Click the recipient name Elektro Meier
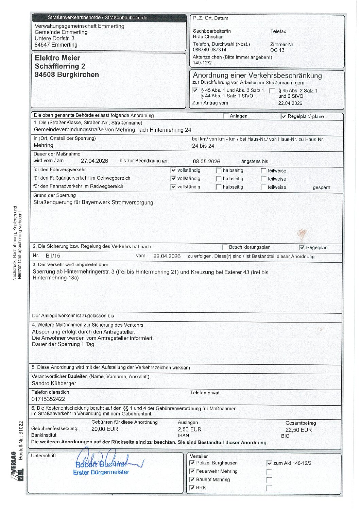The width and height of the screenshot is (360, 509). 57,58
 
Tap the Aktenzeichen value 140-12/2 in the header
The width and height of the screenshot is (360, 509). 202,63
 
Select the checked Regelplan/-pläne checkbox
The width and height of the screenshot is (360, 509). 284,116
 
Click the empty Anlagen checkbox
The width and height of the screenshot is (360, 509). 225,116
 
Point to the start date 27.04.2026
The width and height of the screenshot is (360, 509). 95,161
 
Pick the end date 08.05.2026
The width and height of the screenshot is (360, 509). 206,162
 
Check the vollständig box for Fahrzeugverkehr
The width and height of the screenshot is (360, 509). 173,170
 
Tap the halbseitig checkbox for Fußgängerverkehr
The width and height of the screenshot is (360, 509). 219,179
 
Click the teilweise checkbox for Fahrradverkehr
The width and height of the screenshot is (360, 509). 263,187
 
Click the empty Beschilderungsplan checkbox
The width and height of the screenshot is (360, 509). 224,247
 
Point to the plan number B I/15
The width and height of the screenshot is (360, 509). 53,256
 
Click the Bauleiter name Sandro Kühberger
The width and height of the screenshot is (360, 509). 54,383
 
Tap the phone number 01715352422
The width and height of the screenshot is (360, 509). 48,399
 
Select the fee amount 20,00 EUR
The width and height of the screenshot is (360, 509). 105,429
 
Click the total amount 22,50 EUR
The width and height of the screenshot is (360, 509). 298,430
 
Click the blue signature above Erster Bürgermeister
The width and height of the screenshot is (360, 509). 102,460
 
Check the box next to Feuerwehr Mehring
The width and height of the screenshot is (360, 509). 192,471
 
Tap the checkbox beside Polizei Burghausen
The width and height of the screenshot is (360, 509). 192,463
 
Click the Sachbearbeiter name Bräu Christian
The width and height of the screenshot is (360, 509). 208,37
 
